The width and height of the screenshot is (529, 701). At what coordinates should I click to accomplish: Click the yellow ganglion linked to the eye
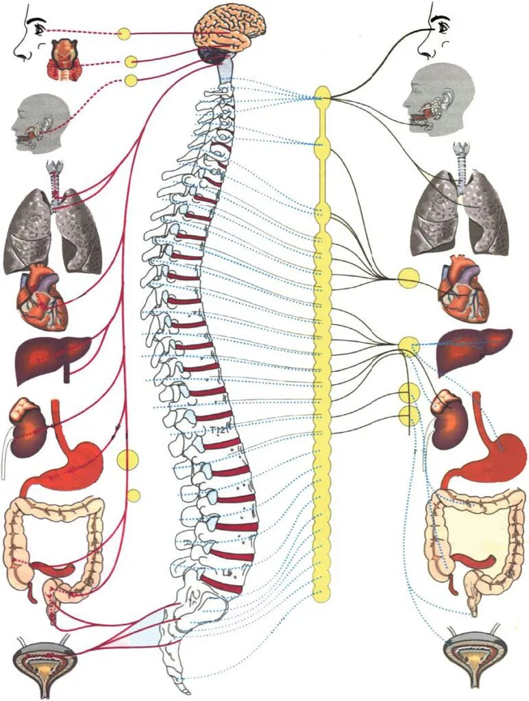124,33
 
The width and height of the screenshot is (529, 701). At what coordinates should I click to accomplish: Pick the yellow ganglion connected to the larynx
130,62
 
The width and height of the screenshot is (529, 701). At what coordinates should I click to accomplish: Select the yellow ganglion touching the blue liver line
409,346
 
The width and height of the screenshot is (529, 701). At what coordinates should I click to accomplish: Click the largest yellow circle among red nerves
128,459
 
